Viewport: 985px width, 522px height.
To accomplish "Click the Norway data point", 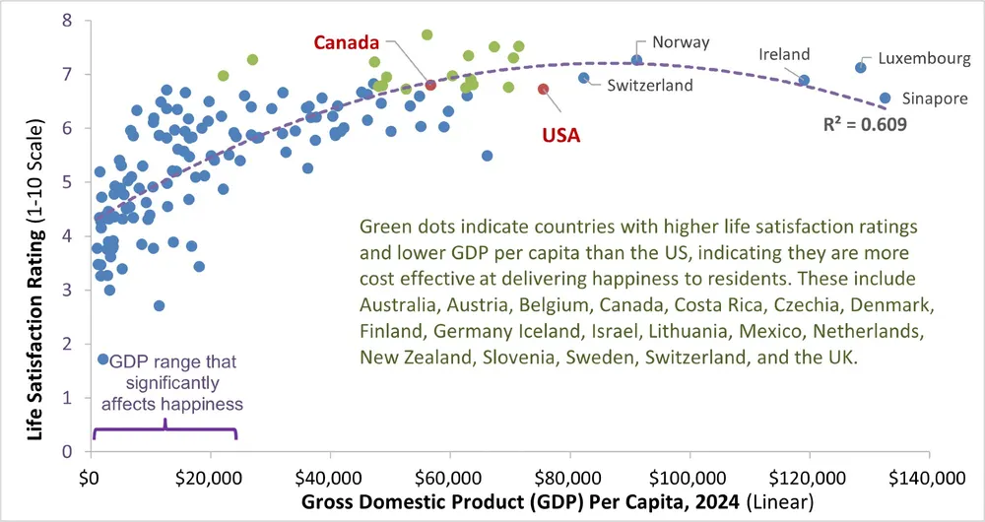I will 637,60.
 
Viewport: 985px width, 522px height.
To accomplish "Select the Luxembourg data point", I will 860,67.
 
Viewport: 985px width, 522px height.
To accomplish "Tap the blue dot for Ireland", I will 804,80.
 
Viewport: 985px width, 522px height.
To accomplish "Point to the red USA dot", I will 544,90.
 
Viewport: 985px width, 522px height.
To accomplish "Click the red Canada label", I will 347,42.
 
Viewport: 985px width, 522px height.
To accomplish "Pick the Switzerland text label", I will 650,86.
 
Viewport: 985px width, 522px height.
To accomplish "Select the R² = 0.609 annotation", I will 866,125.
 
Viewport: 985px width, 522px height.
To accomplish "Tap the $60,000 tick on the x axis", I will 449,479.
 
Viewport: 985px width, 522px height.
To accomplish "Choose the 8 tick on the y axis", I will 67,21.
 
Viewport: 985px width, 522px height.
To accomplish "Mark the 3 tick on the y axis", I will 67,291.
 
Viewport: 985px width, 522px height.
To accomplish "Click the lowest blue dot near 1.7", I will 102,359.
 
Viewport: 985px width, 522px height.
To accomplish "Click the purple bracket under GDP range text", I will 164,429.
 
